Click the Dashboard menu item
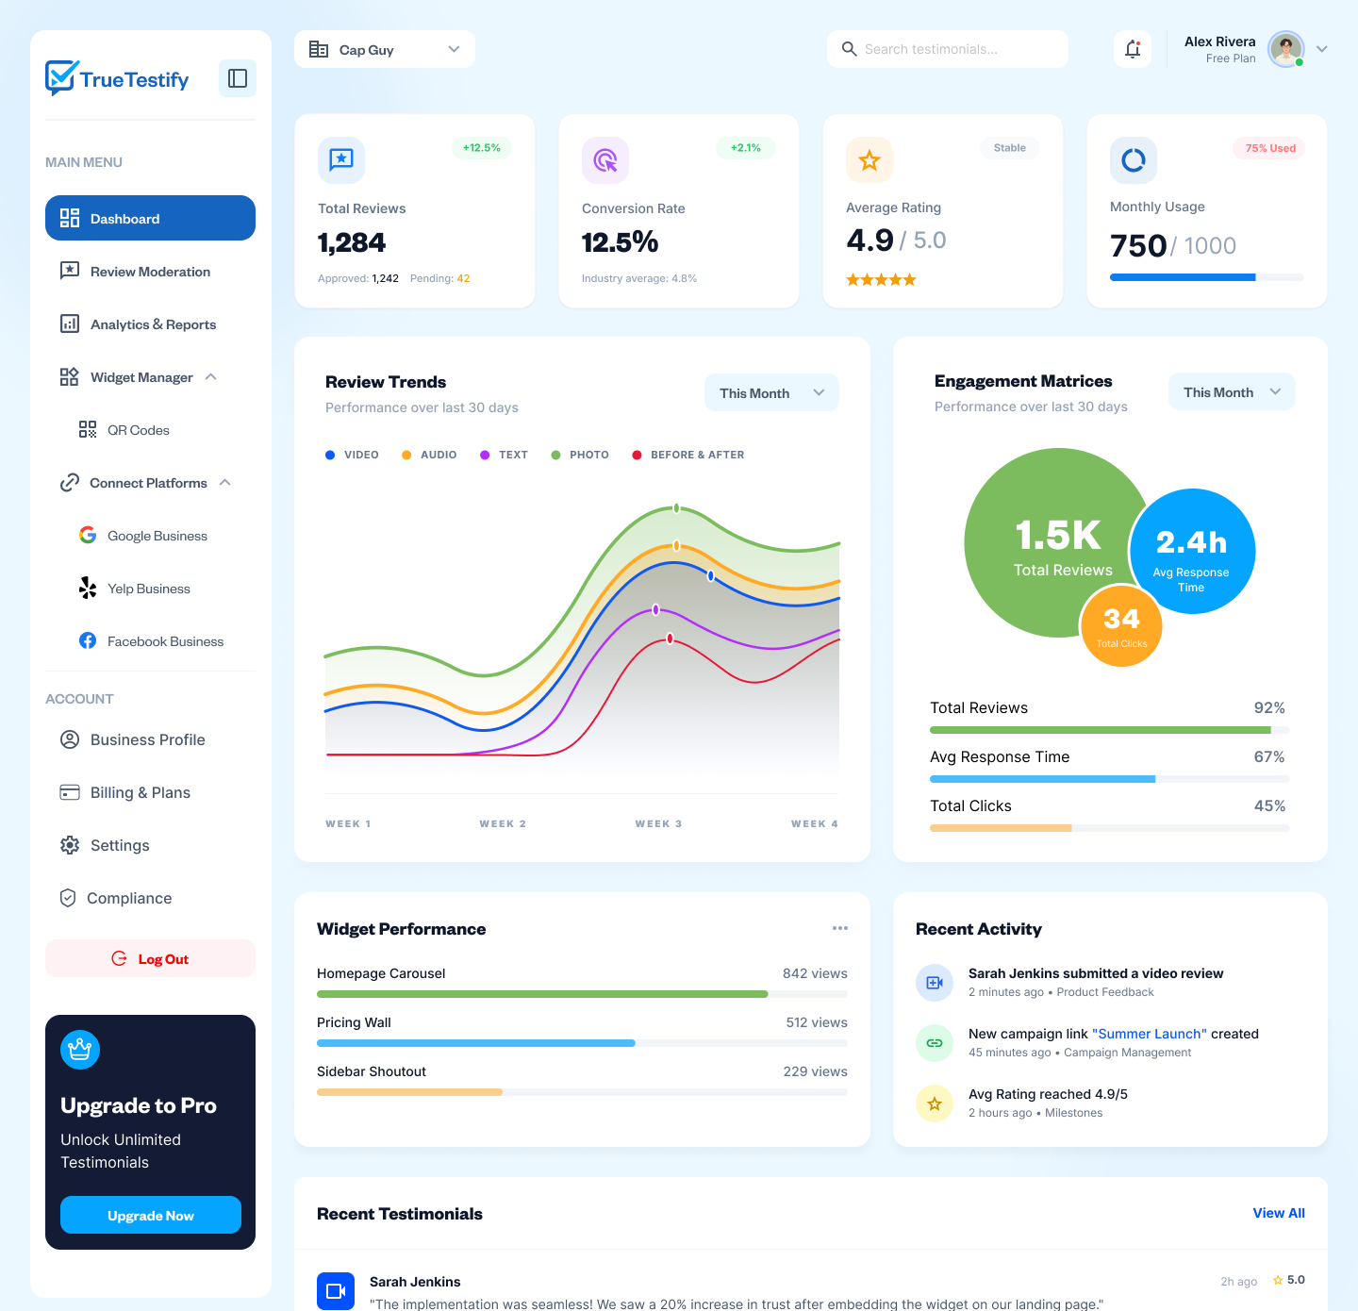tap(150, 218)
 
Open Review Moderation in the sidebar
tap(149, 272)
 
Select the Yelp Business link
tap(148, 589)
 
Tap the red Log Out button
tap(150, 958)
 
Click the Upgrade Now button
tap(150, 1215)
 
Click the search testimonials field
tap(948, 49)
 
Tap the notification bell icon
tap(1133, 49)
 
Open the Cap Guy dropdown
tap(384, 49)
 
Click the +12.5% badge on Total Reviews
tap(481, 148)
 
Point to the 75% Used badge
tap(1269, 148)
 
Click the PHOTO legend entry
tap(580, 455)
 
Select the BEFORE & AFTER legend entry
tap(688, 455)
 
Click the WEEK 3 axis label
tap(658, 823)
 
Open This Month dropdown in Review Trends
tap(771, 393)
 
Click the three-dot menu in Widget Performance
tap(839, 928)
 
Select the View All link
tap(1278, 1213)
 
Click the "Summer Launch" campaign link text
tap(1150, 1034)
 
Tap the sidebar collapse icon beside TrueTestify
tap(238, 78)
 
